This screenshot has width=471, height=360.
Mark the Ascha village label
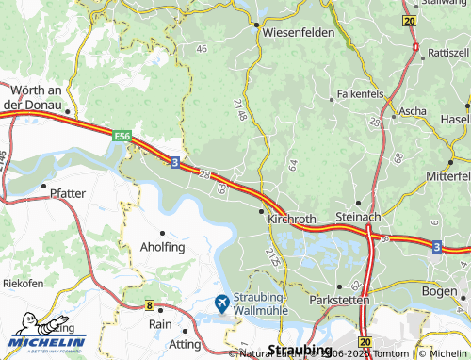click(413, 110)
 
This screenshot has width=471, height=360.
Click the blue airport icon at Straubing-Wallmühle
click(221, 303)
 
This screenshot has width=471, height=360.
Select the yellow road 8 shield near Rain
click(149, 305)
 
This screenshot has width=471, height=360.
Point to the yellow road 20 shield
click(408, 20)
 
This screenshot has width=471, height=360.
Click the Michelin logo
click(47, 335)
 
